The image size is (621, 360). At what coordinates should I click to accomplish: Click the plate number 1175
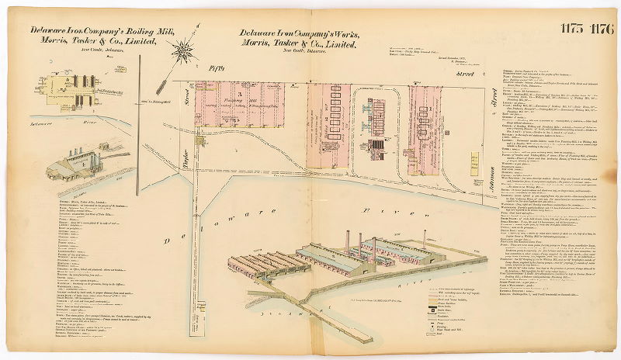573,30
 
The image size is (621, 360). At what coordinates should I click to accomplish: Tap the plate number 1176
601,30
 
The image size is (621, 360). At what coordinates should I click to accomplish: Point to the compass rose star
185,50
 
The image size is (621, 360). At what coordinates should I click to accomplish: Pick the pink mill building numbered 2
326,116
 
